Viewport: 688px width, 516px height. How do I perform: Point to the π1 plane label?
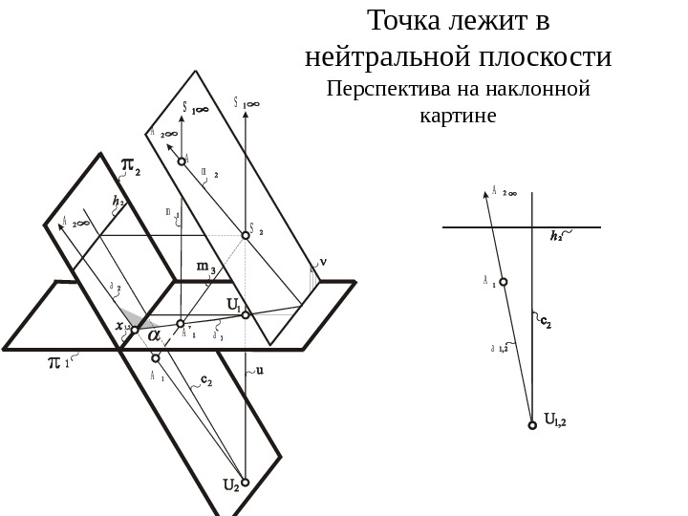click(59, 365)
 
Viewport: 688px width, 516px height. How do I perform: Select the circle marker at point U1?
click(246, 314)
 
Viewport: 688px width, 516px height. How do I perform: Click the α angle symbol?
click(152, 334)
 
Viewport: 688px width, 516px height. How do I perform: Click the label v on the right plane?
click(322, 259)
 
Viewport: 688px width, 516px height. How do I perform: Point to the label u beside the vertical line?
click(259, 375)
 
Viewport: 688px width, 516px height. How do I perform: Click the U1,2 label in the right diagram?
click(555, 418)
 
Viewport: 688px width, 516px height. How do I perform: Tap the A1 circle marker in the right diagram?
click(504, 282)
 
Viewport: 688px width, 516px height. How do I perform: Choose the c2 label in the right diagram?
click(545, 323)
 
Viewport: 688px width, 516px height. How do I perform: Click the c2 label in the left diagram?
click(206, 381)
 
